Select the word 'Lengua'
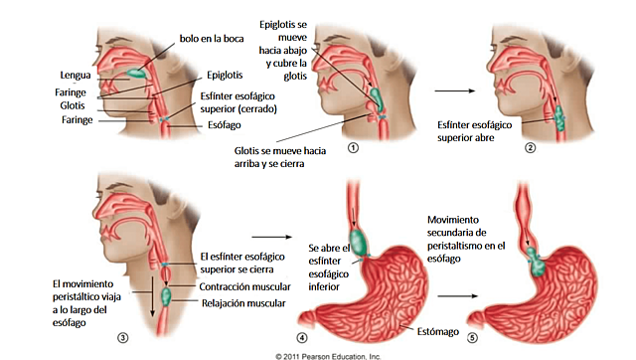76,73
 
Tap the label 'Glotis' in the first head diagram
72,104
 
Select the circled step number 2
531,148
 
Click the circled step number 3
122,335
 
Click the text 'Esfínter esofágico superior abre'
478,132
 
